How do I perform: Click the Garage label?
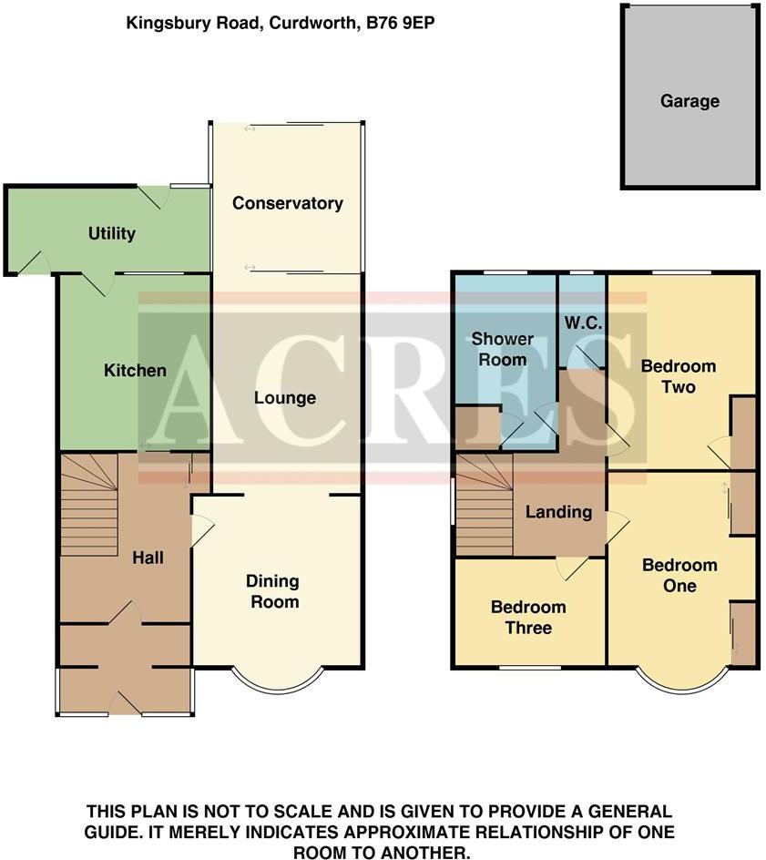tap(689, 101)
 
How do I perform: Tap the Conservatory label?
tap(287, 203)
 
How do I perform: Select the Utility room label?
tap(112, 233)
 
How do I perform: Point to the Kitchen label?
tap(135, 371)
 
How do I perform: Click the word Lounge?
tap(285, 398)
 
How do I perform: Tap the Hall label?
tap(148, 557)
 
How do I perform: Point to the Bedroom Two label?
tap(679, 376)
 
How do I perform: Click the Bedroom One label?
tap(679, 575)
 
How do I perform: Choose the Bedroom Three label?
tap(528, 617)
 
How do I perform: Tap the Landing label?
tap(558, 512)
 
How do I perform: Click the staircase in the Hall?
tap(88, 506)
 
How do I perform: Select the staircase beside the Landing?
tap(484, 507)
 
